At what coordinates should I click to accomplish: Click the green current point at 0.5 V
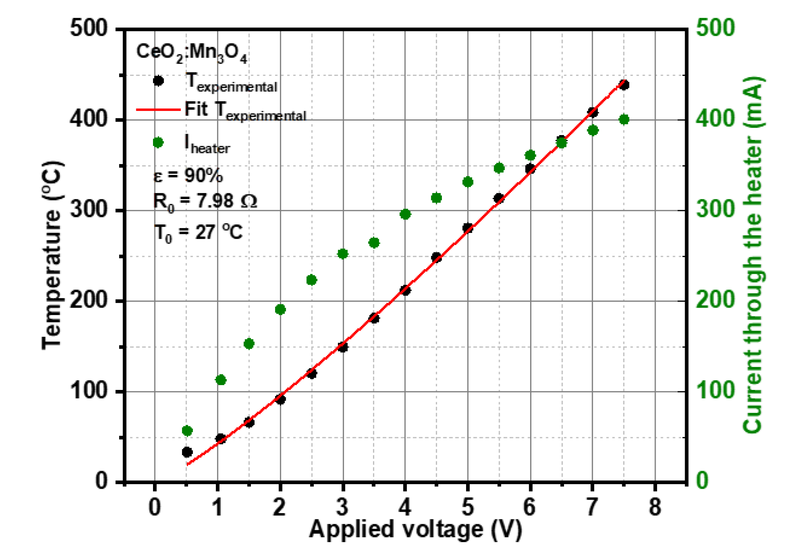point(187,431)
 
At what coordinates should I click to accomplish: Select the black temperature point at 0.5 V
point(187,452)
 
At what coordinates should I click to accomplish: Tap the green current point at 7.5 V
point(624,119)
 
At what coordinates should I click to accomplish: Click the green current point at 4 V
point(405,214)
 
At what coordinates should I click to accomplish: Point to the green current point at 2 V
point(280,309)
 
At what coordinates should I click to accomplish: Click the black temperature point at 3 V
point(343,347)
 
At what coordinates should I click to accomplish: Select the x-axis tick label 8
point(655,507)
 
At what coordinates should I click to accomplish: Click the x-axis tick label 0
point(155,507)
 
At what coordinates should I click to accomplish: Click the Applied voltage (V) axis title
point(415,529)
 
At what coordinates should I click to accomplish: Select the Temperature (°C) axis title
point(52,255)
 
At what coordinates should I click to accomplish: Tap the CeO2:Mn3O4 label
point(191,52)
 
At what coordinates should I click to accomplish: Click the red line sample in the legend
point(158,110)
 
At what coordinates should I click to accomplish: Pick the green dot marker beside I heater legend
point(158,143)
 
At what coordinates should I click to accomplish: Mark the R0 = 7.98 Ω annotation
point(205,202)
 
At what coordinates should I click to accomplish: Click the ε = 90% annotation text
point(188,175)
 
